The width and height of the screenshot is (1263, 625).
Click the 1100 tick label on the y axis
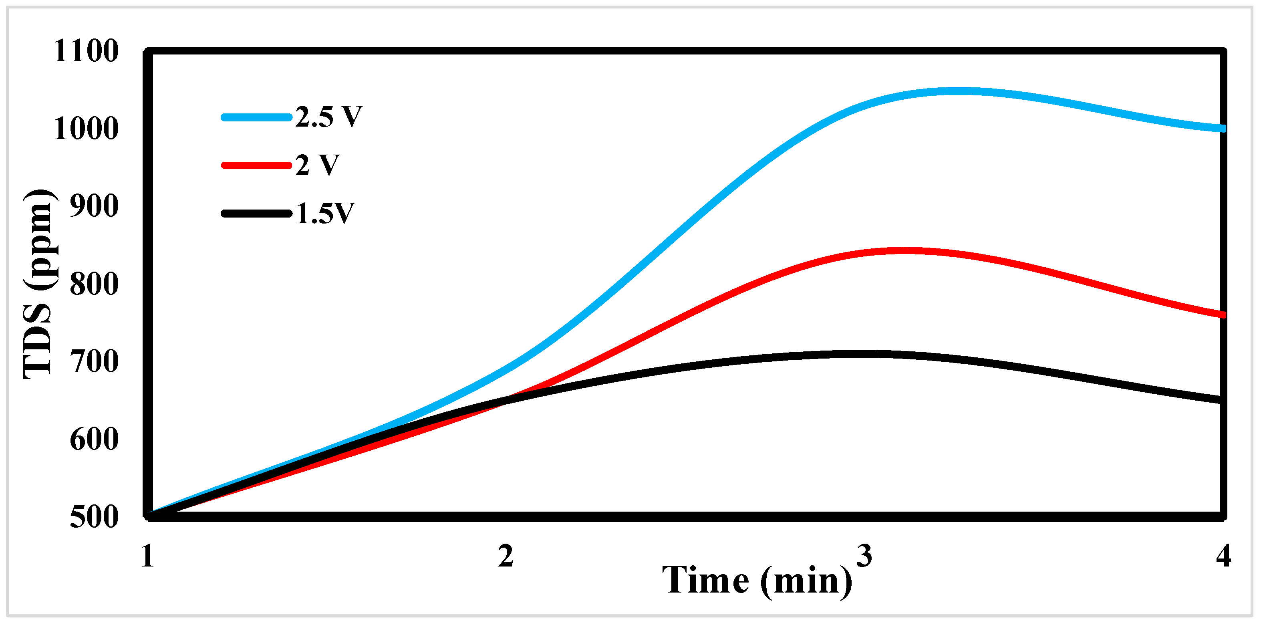coord(86,51)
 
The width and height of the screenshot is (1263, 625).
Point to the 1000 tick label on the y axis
coord(86,129)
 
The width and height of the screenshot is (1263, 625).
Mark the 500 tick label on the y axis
coord(94,517)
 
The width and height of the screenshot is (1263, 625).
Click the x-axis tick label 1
coord(147,556)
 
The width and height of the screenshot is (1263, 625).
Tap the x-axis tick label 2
coord(506,556)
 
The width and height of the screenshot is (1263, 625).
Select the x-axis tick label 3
coord(864,555)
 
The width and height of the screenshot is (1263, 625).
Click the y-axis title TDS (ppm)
coord(39,284)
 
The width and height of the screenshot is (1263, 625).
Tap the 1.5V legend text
coord(324,213)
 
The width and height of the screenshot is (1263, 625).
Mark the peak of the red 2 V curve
coord(902,251)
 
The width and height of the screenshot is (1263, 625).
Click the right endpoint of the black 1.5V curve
coord(1222,400)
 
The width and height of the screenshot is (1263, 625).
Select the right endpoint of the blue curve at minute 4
coord(1222,129)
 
